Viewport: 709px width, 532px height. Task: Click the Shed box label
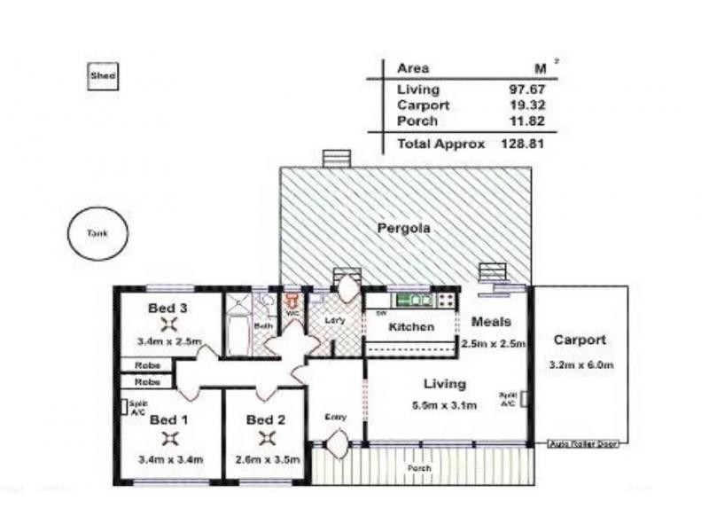coord(102,76)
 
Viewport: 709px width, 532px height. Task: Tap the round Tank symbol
coord(97,234)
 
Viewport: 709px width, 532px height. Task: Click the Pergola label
coord(403,228)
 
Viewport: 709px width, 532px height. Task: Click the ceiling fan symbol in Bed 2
coord(267,437)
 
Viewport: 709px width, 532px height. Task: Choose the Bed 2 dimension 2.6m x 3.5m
coord(267,459)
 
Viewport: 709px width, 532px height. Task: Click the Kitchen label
coord(412,327)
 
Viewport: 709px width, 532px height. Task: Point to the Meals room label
coord(491,321)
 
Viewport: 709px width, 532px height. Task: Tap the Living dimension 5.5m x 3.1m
coord(445,406)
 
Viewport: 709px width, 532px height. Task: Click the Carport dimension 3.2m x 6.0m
coord(580,364)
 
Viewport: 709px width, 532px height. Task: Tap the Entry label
coord(335,417)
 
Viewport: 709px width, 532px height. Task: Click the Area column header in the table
coord(413,68)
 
